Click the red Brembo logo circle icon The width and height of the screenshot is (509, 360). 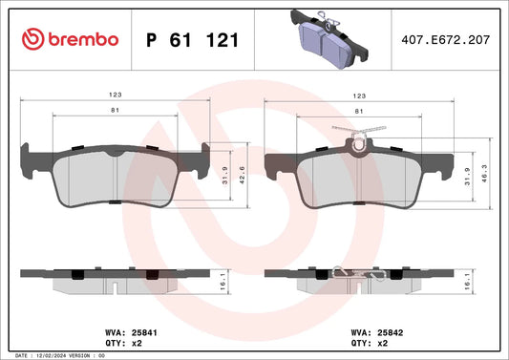(x=32, y=39)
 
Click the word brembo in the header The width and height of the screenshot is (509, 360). (x=83, y=39)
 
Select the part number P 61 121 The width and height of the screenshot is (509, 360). (x=193, y=40)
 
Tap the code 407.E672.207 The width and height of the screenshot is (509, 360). (x=445, y=39)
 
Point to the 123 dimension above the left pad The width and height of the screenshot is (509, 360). (x=116, y=95)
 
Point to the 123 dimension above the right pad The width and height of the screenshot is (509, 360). (x=359, y=95)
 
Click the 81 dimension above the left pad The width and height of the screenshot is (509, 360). (x=116, y=111)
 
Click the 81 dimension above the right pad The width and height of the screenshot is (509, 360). (x=359, y=112)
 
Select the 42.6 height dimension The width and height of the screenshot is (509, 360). (x=242, y=176)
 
